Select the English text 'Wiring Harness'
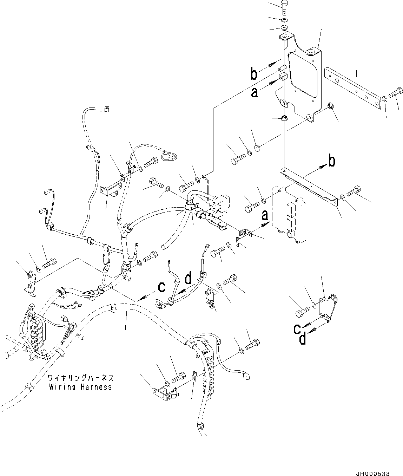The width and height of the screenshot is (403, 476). [80, 387]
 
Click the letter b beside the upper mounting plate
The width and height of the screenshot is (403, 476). [254, 74]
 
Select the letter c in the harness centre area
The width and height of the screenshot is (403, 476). [161, 287]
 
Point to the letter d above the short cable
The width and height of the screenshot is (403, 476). [188, 279]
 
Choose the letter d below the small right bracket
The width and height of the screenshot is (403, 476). [302, 339]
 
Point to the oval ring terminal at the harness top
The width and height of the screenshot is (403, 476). [169, 154]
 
